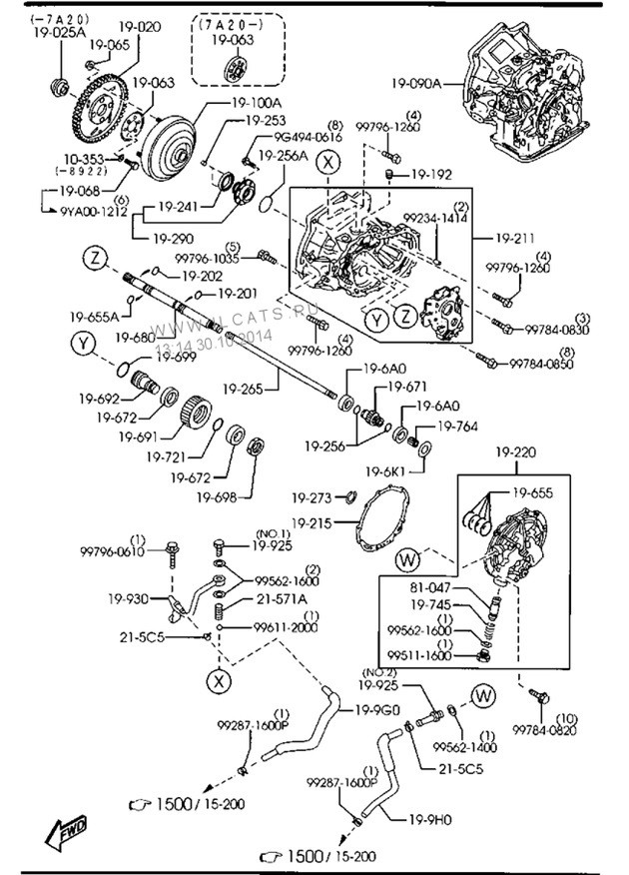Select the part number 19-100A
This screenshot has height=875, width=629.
tap(258, 102)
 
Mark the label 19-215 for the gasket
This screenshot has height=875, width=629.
tap(314, 521)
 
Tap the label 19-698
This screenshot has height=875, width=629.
tap(219, 495)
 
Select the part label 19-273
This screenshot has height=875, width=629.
tap(314, 497)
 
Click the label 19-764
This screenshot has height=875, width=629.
tap(459, 427)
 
